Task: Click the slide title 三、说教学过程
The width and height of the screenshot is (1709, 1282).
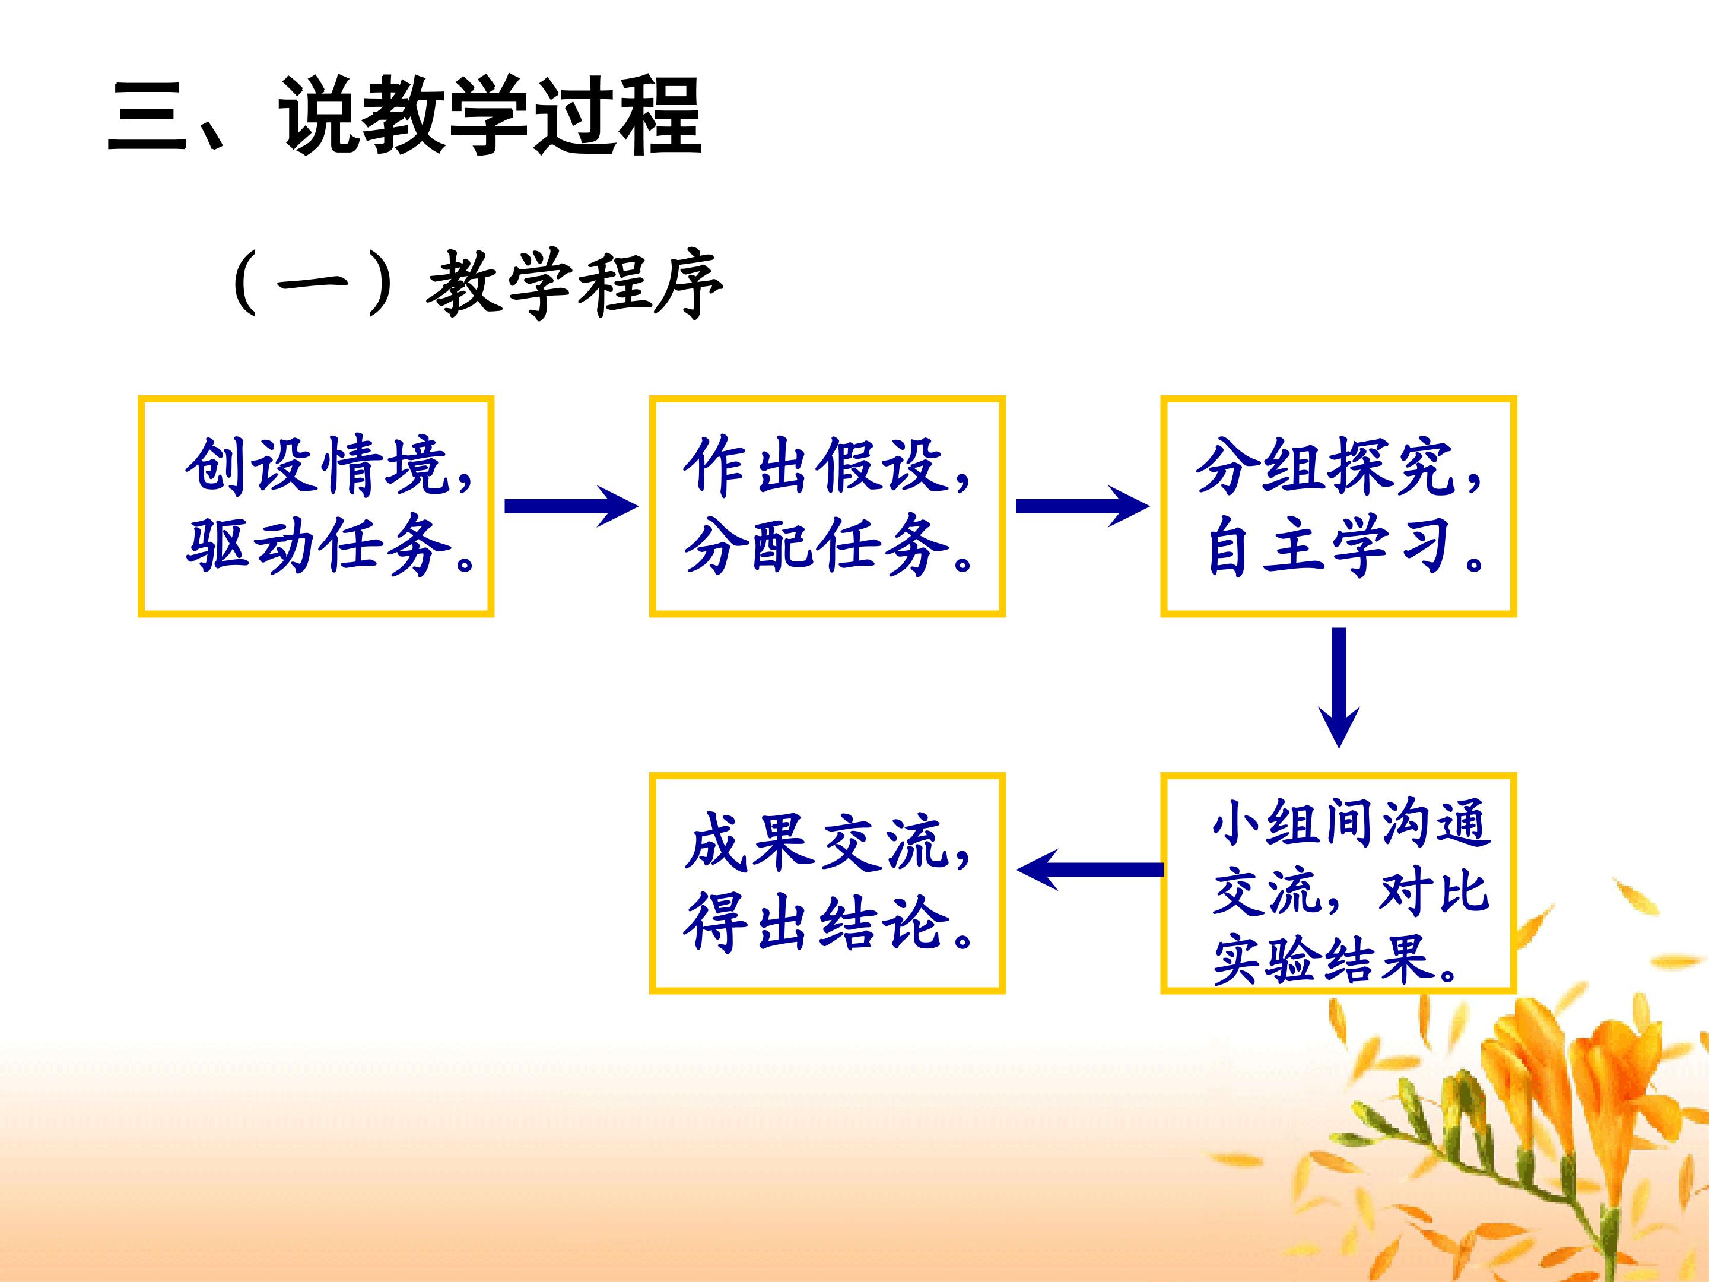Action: point(404,116)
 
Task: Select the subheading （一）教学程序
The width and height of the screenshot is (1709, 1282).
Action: point(476,284)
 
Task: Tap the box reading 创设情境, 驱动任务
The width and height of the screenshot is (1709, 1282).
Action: point(316,506)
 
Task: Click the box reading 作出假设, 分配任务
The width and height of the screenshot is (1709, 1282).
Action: point(827,506)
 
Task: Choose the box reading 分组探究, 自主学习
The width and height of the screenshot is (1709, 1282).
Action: point(1339,506)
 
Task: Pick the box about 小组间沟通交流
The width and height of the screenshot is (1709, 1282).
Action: point(1339,883)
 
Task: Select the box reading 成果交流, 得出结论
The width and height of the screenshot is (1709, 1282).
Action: point(827,883)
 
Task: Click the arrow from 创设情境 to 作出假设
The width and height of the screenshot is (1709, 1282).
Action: point(571,506)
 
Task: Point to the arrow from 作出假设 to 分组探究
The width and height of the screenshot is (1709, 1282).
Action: point(1083,506)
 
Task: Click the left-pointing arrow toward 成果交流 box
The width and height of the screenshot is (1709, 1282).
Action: point(1090,870)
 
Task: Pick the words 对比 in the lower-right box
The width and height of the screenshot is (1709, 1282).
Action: point(1434,893)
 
